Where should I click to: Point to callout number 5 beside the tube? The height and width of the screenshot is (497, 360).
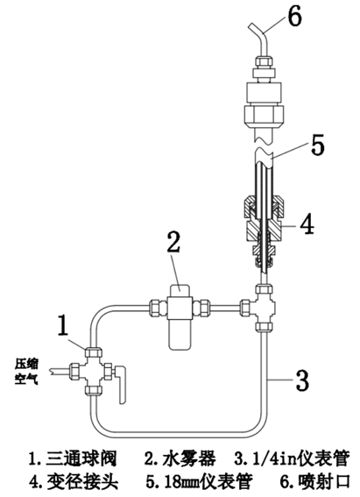point(318,145)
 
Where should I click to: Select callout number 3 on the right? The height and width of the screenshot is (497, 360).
point(301,379)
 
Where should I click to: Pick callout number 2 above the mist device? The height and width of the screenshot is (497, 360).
point(173,242)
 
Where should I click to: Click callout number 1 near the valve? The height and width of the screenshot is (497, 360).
point(63,324)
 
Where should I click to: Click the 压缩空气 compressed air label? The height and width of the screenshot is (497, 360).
point(27,371)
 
